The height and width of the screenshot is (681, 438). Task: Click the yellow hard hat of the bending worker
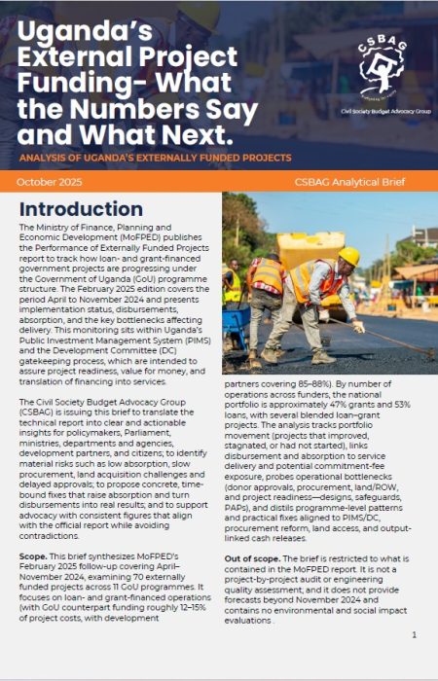coord(348,256)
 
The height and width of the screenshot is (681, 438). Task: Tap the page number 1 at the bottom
coord(414,634)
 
